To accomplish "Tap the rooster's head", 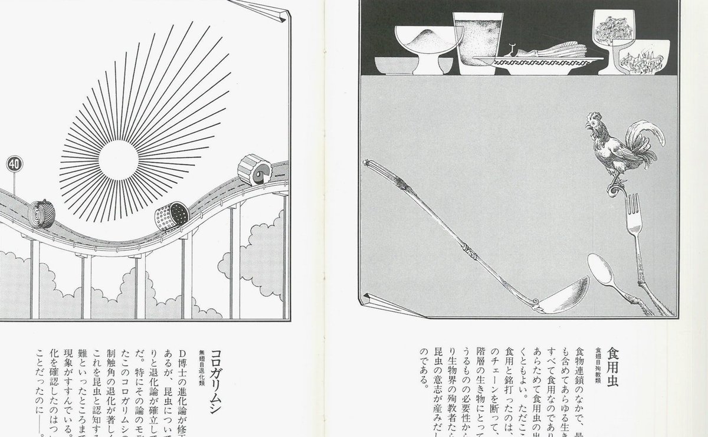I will pos(592,123).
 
